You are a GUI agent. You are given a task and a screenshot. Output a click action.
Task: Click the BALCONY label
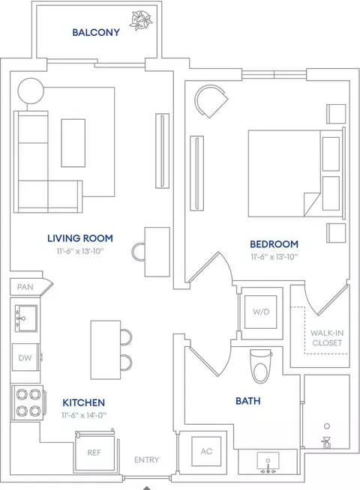[x=96, y=32]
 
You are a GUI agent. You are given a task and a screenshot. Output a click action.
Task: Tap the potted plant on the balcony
[x=141, y=20]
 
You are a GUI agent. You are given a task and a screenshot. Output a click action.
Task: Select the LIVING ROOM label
[x=80, y=238]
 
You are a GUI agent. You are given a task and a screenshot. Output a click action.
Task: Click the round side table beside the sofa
[x=31, y=91]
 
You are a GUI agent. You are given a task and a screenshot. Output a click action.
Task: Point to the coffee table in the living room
[x=73, y=143]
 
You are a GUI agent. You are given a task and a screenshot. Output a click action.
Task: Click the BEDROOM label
[x=274, y=244]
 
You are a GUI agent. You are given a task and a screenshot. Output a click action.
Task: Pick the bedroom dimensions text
[x=274, y=257]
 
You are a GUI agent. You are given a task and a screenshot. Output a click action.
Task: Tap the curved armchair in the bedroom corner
[x=211, y=101]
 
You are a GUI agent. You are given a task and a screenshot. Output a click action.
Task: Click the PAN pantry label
[x=25, y=287]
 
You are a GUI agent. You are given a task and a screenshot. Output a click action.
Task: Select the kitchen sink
[x=26, y=318]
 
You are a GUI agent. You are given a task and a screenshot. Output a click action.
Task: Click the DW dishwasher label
[x=25, y=358]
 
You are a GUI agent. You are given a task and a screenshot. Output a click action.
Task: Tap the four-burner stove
[x=28, y=402]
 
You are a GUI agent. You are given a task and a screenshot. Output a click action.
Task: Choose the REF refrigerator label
[x=94, y=453]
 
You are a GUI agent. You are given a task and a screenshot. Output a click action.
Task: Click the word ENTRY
[x=147, y=460]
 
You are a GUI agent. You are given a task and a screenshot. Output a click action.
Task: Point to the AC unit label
[x=206, y=451]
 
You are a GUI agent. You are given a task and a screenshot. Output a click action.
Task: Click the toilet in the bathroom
[x=262, y=366]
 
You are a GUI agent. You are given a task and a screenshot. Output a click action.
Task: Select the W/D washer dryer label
[x=261, y=312]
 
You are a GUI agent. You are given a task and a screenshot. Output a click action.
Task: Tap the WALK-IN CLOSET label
[x=327, y=338]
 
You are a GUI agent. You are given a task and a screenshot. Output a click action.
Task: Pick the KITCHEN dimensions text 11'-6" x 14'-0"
[x=84, y=415]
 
